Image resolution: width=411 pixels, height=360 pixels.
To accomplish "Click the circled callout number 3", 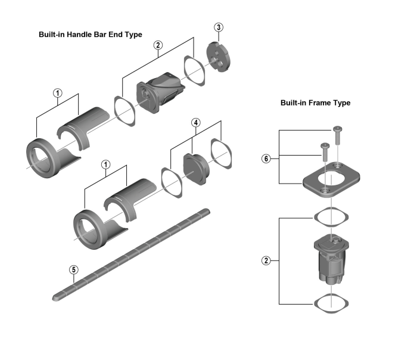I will click(219, 27).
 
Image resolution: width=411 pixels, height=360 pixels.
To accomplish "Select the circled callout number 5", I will click(73, 269).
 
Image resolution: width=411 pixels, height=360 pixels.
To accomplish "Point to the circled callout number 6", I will click(266, 158).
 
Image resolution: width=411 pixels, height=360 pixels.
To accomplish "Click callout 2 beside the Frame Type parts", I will click(266, 260).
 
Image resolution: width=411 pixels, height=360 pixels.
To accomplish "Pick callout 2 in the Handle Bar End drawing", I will click(158, 45).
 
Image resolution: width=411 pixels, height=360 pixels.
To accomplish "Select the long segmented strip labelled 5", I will click(131, 253).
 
